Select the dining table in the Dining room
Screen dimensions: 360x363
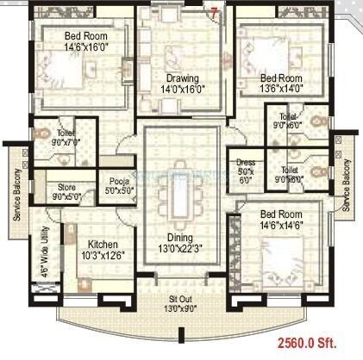(181, 197)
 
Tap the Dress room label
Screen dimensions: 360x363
(245, 164)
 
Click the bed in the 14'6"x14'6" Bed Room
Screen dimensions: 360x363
(274, 255)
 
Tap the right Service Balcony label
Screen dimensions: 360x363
(347, 185)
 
